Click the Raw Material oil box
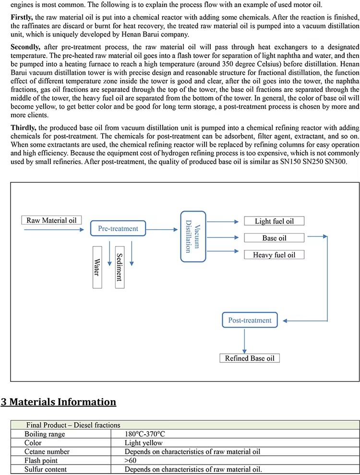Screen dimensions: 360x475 coord(51,220)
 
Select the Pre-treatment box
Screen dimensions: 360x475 coord(118,228)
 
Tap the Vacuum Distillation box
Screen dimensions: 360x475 coord(193,237)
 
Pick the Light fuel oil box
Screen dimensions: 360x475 coord(274,221)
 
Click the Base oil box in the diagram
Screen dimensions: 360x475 coord(274,238)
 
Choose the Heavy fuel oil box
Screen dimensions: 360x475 coord(274,254)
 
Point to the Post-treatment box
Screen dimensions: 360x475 coord(250,320)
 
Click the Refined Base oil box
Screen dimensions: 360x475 coord(250,358)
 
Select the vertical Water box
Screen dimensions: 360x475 coord(97,267)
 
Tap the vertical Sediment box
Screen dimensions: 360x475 coord(120,267)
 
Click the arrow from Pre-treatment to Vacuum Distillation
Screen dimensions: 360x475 coord(162,229)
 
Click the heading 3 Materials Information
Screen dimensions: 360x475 coord(59,402)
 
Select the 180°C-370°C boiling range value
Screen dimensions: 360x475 coord(145,434)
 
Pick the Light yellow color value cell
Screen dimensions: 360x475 coord(144,442)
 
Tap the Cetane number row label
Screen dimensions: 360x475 coord(47,451)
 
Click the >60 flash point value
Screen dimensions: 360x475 coord(130,461)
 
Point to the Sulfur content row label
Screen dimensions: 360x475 coord(46,469)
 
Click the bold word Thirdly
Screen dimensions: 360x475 coord(23,128)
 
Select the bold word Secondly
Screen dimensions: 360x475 coord(25,47)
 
